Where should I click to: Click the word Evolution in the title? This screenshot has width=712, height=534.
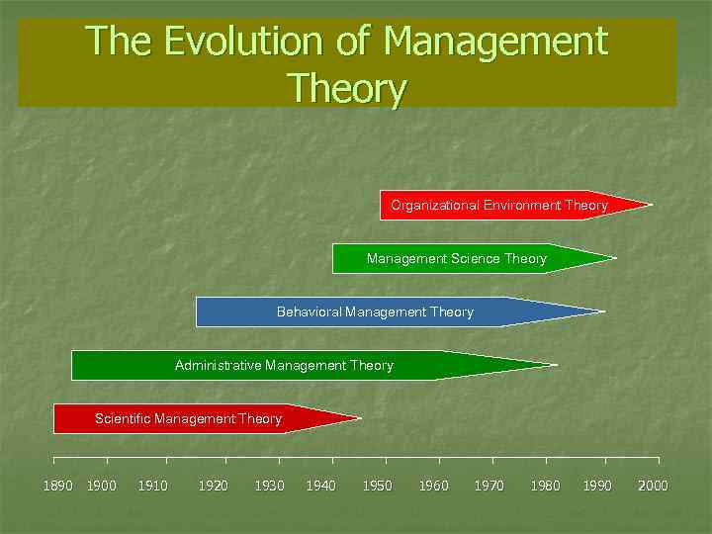tap(222, 42)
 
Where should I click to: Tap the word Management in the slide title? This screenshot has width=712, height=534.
tap(494, 42)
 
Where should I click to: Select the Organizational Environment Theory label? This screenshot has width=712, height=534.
tap(498, 206)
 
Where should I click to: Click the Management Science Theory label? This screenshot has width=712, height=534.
tap(456, 259)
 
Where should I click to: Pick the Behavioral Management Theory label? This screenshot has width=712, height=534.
tap(375, 312)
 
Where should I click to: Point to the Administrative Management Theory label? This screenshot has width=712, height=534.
tap(284, 366)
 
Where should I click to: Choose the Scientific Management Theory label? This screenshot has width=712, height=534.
tap(188, 419)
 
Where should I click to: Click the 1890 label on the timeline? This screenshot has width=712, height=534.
tap(57, 486)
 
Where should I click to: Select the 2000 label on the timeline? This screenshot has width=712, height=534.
tap(653, 486)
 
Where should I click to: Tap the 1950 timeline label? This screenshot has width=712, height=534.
tap(377, 486)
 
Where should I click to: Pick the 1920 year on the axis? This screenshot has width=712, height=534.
tap(213, 486)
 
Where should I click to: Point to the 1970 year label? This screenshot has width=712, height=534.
tap(489, 486)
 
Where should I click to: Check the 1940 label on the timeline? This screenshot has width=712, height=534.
tap(320, 486)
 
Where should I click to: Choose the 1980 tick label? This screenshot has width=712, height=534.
tap(545, 486)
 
